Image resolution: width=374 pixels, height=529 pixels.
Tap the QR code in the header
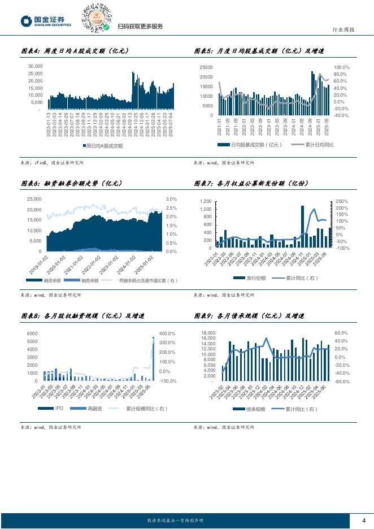[96, 17]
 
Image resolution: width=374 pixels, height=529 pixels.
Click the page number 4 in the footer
[364, 521]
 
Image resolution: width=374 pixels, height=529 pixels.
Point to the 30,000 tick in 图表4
[35, 66]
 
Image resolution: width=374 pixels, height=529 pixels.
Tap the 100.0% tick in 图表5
[342, 67]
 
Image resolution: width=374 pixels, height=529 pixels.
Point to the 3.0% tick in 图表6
[171, 199]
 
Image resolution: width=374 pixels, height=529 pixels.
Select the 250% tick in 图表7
[342, 201]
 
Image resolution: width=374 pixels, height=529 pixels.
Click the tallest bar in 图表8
[153, 358]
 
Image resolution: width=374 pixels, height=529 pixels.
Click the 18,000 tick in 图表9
[208, 333]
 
